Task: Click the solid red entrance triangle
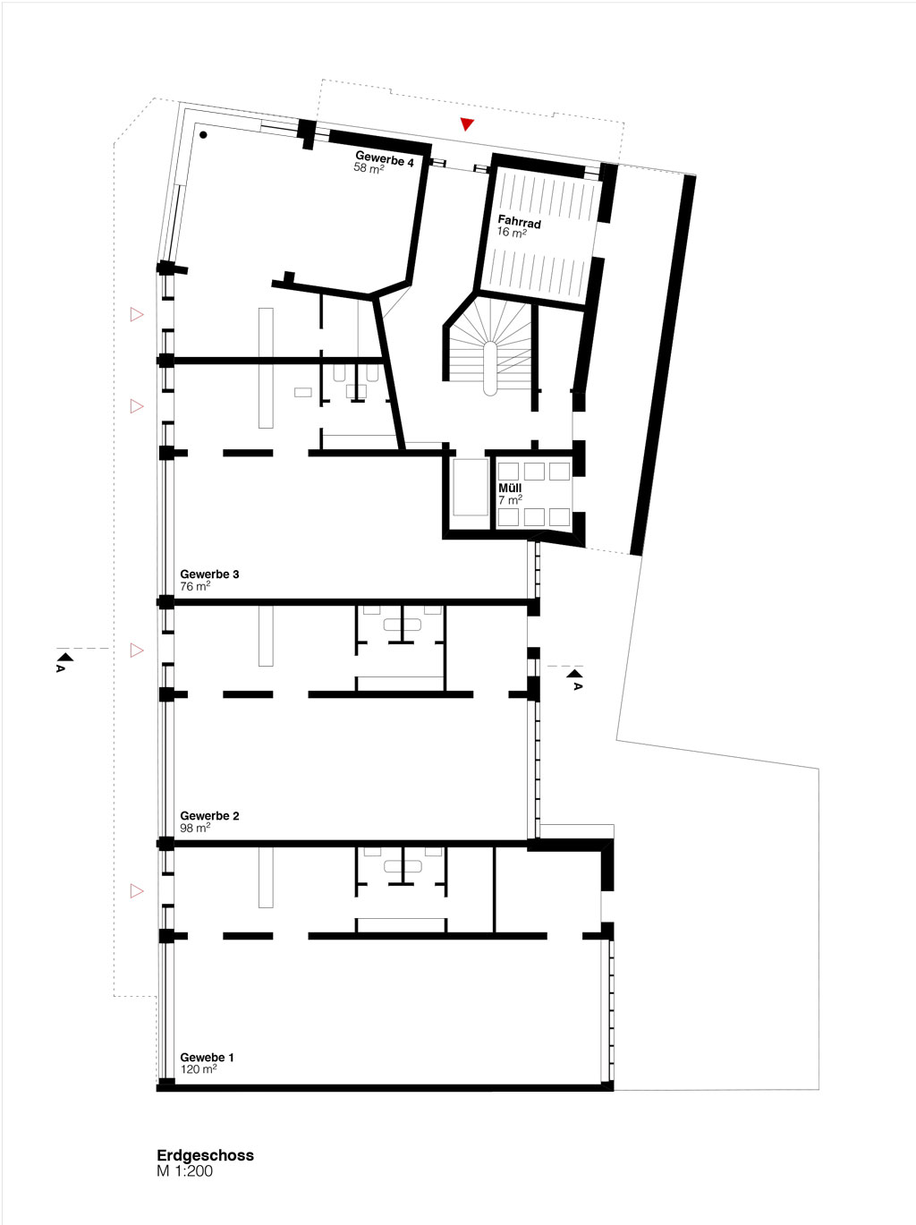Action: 467,123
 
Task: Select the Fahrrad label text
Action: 520,222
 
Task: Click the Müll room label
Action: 510,488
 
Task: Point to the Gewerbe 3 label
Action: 209,574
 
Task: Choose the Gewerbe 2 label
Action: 209,815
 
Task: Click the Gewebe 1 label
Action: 207,1057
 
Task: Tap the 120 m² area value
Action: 198,1069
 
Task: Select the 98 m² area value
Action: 195,828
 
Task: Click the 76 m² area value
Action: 195,586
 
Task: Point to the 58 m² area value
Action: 369,167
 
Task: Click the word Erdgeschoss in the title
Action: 205,1155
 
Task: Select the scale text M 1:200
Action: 184,1171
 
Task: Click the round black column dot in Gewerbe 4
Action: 204,134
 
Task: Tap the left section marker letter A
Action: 60,668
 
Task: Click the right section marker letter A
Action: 577,686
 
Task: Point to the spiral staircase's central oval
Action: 490,369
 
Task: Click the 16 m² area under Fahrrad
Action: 512,232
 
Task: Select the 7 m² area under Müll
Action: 511,499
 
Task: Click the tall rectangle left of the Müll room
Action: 471,487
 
